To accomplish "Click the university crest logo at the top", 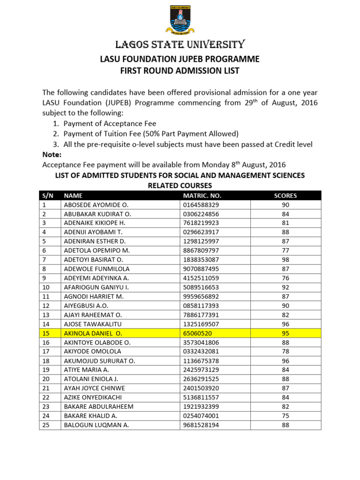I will point(180,20).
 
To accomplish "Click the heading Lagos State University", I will point(180,45).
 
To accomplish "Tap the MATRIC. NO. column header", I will point(202,196).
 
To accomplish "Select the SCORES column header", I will point(285,196).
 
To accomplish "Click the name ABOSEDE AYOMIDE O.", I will point(96,205).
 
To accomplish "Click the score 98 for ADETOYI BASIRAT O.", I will point(285,260).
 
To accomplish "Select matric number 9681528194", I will point(201,425).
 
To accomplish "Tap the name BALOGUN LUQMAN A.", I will point(96,425).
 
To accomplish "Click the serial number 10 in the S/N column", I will point(46,287).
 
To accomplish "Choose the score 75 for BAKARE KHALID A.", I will point(285,416).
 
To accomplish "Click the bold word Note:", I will point(52,155).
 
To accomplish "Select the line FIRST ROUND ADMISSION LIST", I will point(180,71).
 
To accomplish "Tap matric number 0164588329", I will point(201,205).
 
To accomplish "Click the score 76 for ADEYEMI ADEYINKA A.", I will point(285,278).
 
